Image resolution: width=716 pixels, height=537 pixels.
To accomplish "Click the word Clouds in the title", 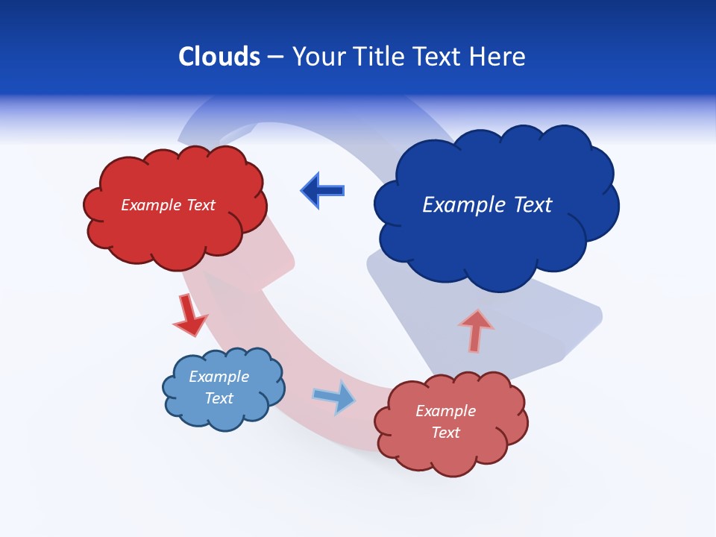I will (x=219, y=57).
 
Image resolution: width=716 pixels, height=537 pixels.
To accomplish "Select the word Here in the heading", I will (x=499, y=57).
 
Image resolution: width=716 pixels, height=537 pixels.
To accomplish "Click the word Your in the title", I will (x=317, y=57).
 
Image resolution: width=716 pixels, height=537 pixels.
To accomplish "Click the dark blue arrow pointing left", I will (x=323, y=190).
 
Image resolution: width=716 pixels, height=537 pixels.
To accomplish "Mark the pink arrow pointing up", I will (x=476, y=330).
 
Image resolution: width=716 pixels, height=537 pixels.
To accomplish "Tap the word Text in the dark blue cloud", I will (x=532, y=204).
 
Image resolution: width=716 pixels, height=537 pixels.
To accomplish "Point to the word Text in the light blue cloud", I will (x=219, y=398).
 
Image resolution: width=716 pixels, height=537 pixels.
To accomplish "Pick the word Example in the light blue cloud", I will (x=219, y=377).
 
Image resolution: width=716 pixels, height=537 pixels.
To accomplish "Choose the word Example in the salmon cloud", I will (x=445, y=411).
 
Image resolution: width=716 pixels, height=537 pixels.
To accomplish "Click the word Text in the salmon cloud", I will (x=445, y=433).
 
